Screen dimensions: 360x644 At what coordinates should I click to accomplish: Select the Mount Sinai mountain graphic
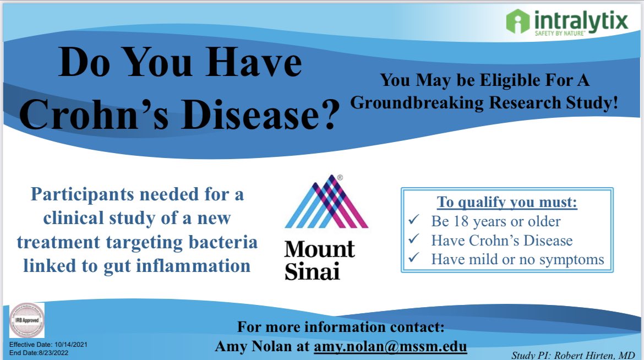[x=326, y=201]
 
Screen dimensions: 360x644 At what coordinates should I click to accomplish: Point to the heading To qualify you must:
[x=507, y=203]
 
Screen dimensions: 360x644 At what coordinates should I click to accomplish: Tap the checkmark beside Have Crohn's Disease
[x=414, y=241]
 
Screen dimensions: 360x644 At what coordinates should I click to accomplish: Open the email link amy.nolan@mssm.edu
[x=390, y=347]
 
